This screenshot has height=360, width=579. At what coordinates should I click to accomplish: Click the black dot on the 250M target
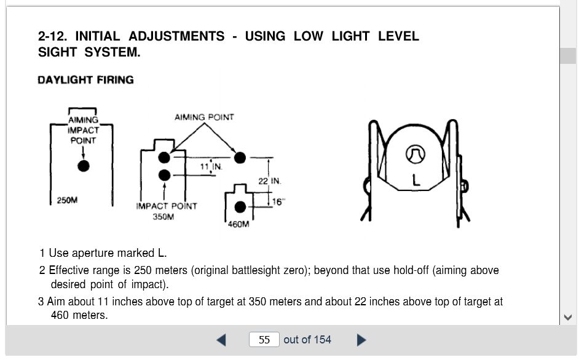(84, 166)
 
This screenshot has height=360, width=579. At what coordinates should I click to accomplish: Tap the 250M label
(67, 200)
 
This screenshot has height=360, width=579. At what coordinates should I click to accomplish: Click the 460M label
(238, 224)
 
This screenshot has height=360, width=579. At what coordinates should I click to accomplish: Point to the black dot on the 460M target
(240, 207)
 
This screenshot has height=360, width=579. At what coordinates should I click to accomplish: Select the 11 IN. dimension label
(211, 166)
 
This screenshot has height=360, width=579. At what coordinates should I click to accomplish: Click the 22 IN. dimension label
(270, 181)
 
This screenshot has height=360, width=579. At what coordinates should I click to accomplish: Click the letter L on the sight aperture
(416, 180)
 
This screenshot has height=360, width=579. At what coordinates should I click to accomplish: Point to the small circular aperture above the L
(416, 154)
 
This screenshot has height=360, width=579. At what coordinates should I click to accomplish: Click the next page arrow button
(361, 340)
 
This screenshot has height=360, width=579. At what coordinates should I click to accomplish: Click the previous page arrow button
(221, 340)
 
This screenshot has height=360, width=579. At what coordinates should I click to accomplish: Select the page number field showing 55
(264, 340)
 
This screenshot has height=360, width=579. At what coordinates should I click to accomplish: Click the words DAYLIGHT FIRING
(85, 80)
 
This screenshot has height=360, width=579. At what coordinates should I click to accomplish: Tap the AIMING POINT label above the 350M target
(204, 117)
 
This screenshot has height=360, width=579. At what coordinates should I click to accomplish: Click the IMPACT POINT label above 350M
(167, 206)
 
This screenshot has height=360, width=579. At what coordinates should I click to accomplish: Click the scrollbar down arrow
(568, 317)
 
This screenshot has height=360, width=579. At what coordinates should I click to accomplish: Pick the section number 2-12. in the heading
(53, 36)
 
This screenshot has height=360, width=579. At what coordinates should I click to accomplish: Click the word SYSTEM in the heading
(112, 52)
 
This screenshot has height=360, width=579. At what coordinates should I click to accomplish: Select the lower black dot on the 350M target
(164, 175)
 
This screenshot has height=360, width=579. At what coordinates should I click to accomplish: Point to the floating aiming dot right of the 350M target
(240, 158)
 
